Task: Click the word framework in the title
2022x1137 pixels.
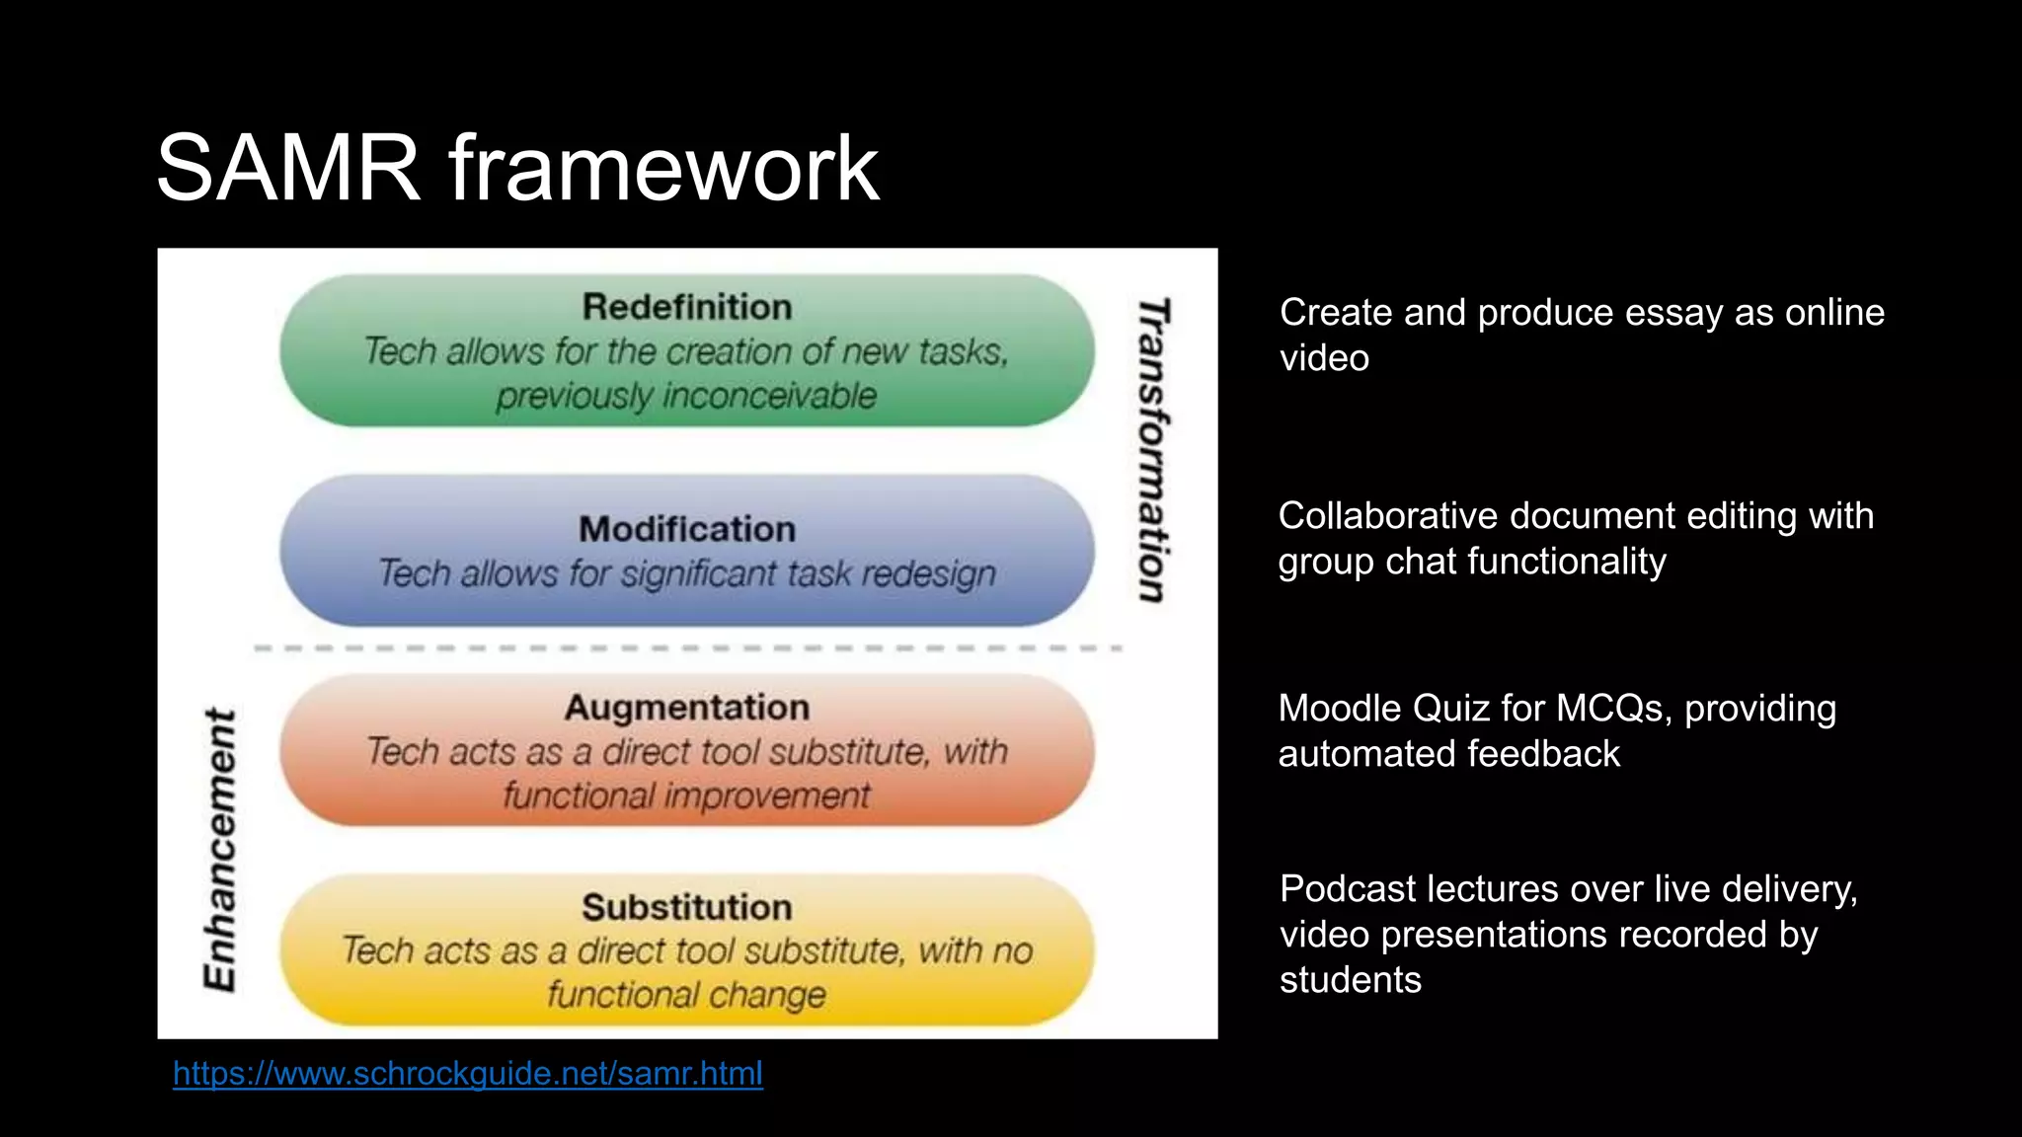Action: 663,169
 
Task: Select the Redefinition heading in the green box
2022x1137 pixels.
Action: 687,307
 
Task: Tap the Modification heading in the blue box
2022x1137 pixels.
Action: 687,529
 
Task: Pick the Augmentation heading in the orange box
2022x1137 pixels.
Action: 687,708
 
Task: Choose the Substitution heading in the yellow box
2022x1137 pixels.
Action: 687,907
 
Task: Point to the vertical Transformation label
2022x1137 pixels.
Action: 1153,450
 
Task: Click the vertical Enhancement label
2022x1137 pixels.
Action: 219,849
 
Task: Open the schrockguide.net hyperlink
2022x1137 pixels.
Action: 468,1073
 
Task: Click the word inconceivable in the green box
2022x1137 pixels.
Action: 770,396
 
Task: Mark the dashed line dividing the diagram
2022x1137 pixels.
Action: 687,648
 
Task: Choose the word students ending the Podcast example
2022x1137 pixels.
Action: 1351,980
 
